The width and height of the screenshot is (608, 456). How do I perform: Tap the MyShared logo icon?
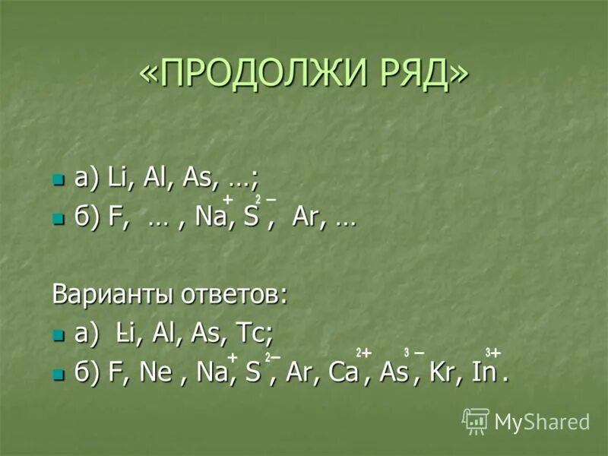tap(476, 420)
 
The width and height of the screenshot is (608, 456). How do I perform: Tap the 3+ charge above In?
tap(493, 353)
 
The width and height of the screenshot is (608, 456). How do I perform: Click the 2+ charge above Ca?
tap(363, 353)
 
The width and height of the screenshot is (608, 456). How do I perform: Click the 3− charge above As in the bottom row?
tap(414, 353)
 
